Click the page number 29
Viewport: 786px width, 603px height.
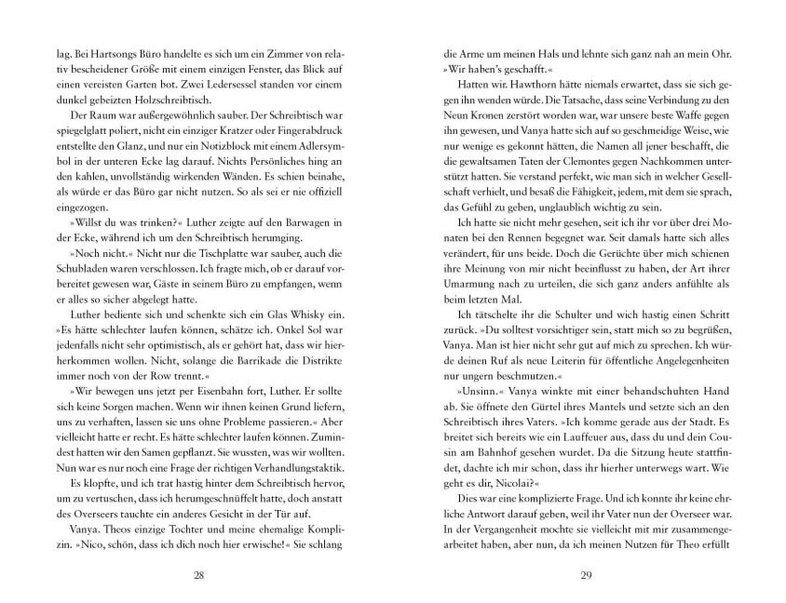pyautogui.click(x=586, y=575)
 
